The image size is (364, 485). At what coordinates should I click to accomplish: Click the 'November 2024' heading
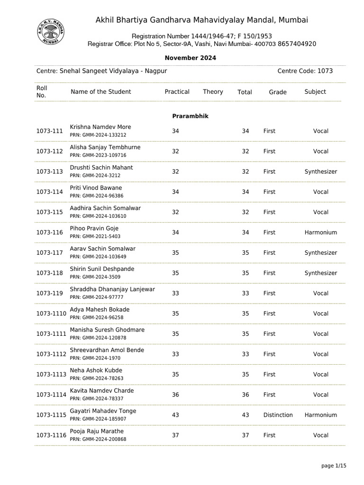pos(190,58)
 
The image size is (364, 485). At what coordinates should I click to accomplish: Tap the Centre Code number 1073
pos(325,71)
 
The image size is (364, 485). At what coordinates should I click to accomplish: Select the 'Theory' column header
pos(213,92)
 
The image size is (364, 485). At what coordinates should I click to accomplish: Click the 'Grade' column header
pos(278,92)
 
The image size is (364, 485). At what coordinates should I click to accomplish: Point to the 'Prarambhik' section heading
pos(190,116)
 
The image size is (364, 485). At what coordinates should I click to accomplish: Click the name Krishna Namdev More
pos(100,127)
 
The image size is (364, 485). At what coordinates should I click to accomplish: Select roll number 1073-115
pos(50,212)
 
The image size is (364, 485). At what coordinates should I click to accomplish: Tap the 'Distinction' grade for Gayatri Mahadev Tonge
pos(278,415)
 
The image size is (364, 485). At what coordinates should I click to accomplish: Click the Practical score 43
pos(175,415)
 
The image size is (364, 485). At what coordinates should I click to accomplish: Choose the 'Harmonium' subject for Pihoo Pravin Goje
pos(320,233)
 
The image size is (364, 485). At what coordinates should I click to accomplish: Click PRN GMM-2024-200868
pos(98,440)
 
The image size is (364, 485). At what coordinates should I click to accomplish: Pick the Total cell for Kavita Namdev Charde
pos(245,395)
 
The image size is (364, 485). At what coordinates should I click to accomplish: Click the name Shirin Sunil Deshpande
pos(102,269)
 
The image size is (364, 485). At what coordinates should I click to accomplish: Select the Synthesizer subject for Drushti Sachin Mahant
pos(320,171)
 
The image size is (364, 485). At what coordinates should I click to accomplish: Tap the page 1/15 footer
pos(334,466)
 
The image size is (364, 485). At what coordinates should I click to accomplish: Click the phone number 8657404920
pos(297,44)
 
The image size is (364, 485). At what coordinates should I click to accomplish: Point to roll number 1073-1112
pos(51,354)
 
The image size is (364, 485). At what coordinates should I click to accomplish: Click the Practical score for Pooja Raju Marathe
pos(175,435)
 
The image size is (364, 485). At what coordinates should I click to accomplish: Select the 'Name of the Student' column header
pos(101,92)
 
